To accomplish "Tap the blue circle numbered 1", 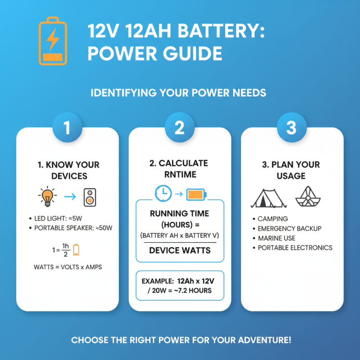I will pyautogui.click(x=67, y=128).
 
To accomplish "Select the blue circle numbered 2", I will pyautogui.click(x=180, y=128).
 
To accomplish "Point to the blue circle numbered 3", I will pyautogui.click(x=292, y=128).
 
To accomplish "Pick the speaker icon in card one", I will pyautogui.click(x=90, y=197).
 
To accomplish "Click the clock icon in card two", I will pyautogui.click(x=163, y=193).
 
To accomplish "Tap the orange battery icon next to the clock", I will pyautogui.click(x=196, y=194).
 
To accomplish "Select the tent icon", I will pyautogui.click(x=269, y=197).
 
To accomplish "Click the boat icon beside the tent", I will pyautogui.click(x=308, y=196).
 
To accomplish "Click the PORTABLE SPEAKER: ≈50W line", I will pyautogui.click(x=72, y=228).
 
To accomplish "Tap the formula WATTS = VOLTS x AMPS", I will pyautogui.click(x=67, y=267).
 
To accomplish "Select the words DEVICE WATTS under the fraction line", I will pyautogui.click(x=180, y=250).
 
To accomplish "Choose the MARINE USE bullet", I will pyautogui.click(x=279, y=238).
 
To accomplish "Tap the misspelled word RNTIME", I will pyautogui.click(x=180, y=174).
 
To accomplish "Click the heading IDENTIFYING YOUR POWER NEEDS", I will pyautogui.click(x=179, y=93).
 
